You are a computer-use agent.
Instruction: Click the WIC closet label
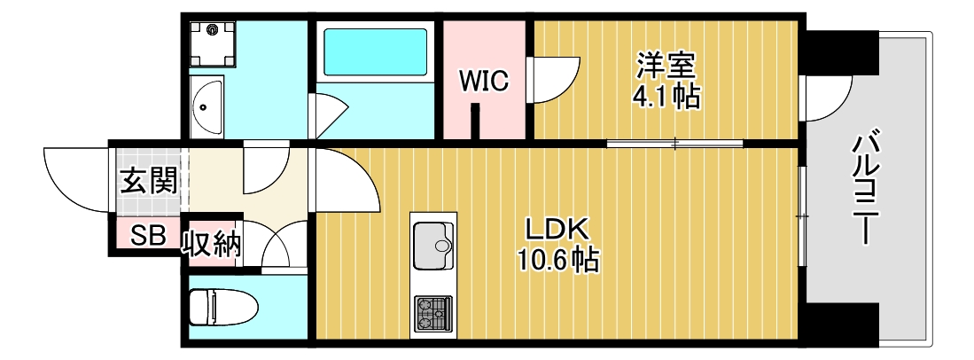483,82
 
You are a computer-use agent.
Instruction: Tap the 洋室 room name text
666,65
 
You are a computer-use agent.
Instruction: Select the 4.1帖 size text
666,96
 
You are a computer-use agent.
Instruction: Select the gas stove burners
432,312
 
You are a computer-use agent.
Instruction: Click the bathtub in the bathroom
376,51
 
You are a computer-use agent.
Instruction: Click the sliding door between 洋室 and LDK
674,143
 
